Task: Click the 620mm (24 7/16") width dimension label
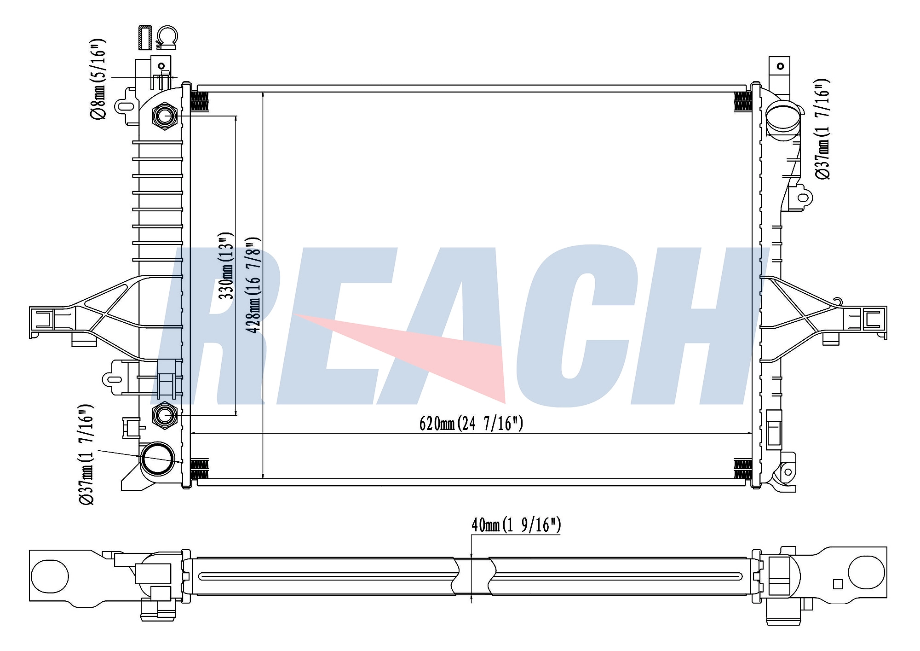[471, 423]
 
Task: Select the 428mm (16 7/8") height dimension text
[253, 285]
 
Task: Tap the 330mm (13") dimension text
[226, 266]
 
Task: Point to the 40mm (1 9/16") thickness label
[516, 525]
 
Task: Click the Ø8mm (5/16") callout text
[98, 79]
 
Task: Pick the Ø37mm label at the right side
[822, 129]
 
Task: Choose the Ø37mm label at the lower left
[86, 454]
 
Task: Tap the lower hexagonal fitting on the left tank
[164, 415]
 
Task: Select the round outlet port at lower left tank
[158, 459]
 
